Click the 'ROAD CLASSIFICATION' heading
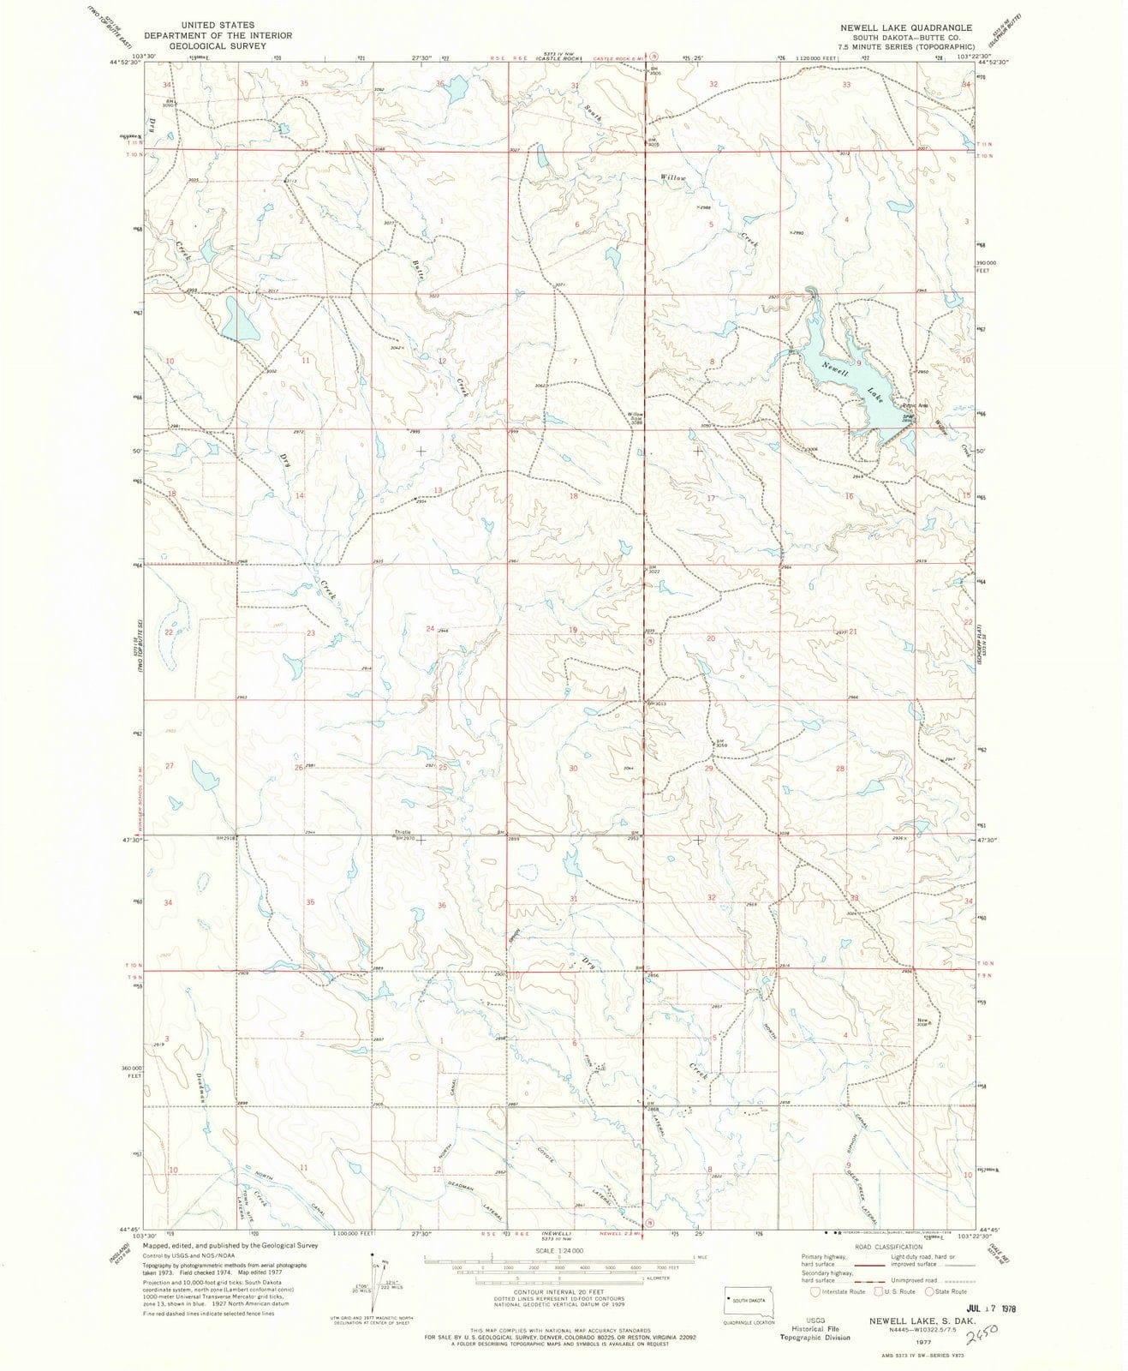click(x=885, y=1254)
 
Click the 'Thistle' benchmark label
click(x=403, y=831)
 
